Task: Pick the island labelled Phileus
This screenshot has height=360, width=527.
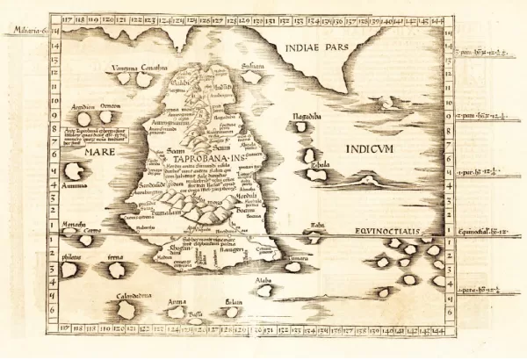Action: (x=69, y=269)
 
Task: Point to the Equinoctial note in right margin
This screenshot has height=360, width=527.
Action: (x=480, y=232)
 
